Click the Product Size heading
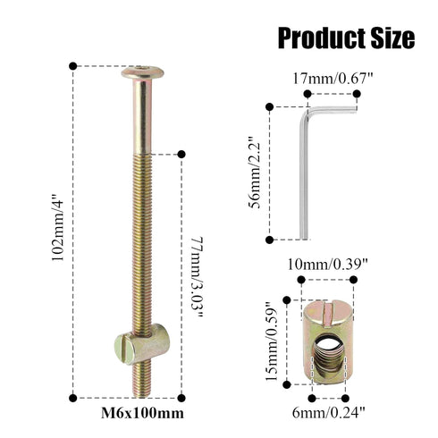coord(346,38)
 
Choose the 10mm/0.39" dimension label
coord(333,265)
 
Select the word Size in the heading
coord(392,38)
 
